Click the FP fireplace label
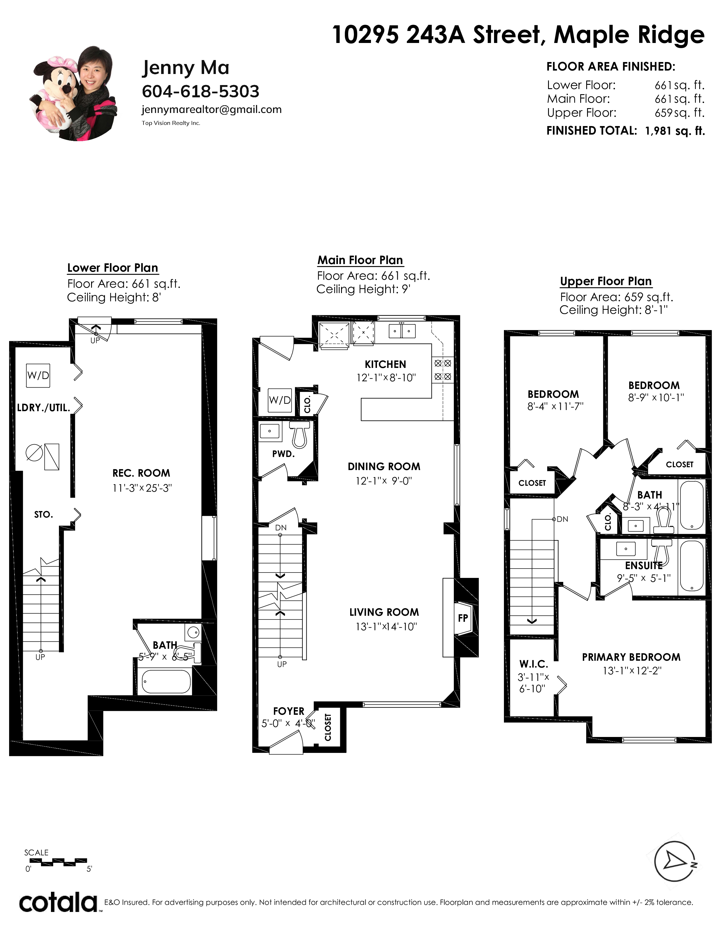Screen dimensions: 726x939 pos(463,618)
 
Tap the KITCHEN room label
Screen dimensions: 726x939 pos(385,365)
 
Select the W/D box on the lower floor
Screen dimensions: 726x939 pos(38,375)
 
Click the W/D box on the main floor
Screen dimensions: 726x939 pos(280,400)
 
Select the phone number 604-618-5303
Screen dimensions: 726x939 pos(201,91)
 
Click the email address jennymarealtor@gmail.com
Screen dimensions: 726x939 pos(212,110)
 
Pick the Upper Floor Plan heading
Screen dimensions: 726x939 pos(606,281)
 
